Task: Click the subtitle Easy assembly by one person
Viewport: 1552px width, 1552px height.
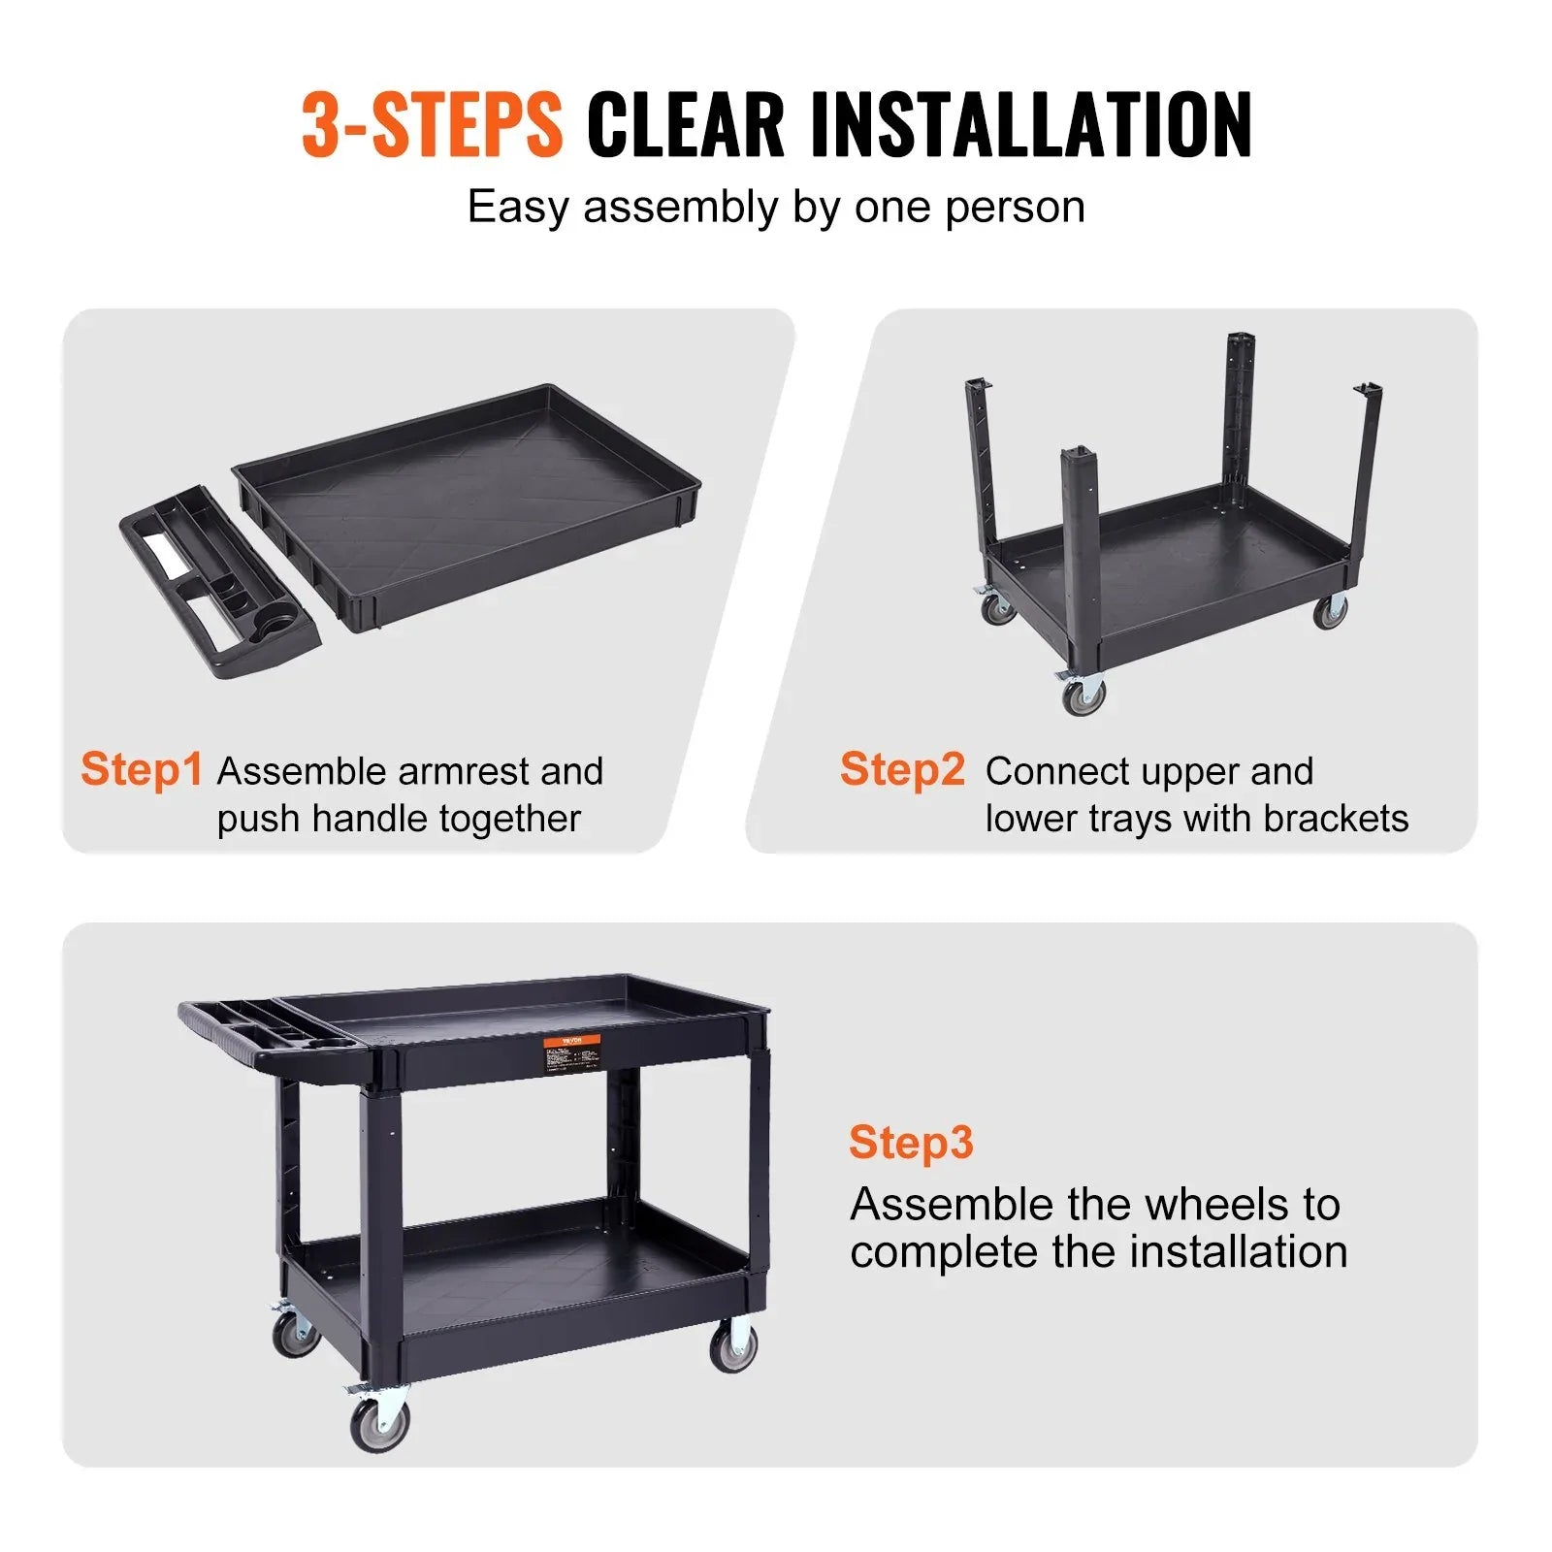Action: point(776,207)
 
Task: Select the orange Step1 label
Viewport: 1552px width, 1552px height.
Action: point(142,769)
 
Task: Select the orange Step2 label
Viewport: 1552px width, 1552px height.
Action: point(902,769)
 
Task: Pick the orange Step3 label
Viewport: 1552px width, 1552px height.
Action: point(910,1142)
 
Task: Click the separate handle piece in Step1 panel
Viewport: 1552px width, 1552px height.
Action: point(218,582)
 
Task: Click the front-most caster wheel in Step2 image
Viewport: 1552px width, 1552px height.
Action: point(1083,695)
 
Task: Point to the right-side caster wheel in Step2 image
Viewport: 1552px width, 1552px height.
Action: point(1330,611)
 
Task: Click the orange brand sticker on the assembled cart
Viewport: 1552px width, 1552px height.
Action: point(570,1043)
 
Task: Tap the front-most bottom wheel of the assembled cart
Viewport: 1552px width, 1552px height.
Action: point(379,1424)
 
